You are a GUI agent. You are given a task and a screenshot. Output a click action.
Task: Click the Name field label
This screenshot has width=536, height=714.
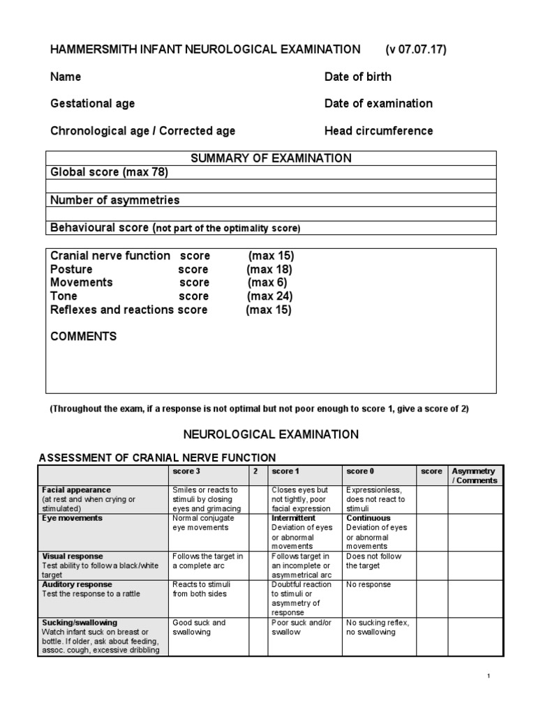click(x=66, y=77)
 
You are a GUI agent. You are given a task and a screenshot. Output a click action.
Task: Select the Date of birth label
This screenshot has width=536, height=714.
click(x=357, y=77)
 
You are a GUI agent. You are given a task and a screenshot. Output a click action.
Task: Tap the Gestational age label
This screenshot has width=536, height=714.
click(x=93, y=104)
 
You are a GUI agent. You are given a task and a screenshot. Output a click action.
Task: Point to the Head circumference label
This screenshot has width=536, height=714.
click(x=378, y=131)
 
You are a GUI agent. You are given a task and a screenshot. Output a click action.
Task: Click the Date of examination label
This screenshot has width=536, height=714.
click(x=378, y=104)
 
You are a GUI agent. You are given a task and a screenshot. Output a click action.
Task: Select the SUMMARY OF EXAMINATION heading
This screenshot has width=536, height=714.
click(x=271, y=158)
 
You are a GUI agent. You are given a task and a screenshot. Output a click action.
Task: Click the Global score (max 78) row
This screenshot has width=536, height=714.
click(x=110, y=172)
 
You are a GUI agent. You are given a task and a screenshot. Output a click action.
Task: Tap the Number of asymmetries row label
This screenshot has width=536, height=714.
click(x=115, y=200)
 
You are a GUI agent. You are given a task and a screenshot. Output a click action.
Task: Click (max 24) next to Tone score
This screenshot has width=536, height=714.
click(x=269, y=296)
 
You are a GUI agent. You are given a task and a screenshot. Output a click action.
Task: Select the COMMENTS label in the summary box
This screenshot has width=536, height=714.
click(x=84, y=337)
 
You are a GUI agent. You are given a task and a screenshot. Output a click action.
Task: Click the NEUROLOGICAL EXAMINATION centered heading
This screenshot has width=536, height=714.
click(x=271, y=434)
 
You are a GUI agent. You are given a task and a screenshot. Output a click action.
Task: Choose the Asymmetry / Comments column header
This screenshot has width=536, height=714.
click(x=474, y=476)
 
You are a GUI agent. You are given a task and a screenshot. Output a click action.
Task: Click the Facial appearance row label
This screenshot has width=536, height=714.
click(x=77, y=490)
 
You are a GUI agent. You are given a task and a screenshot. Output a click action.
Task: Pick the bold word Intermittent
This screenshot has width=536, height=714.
click(x=294, y=519)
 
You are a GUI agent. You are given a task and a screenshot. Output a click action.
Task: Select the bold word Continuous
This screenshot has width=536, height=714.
click(x=368, y=519)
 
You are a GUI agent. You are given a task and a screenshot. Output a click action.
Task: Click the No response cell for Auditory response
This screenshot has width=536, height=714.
click(x=368, y=585)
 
